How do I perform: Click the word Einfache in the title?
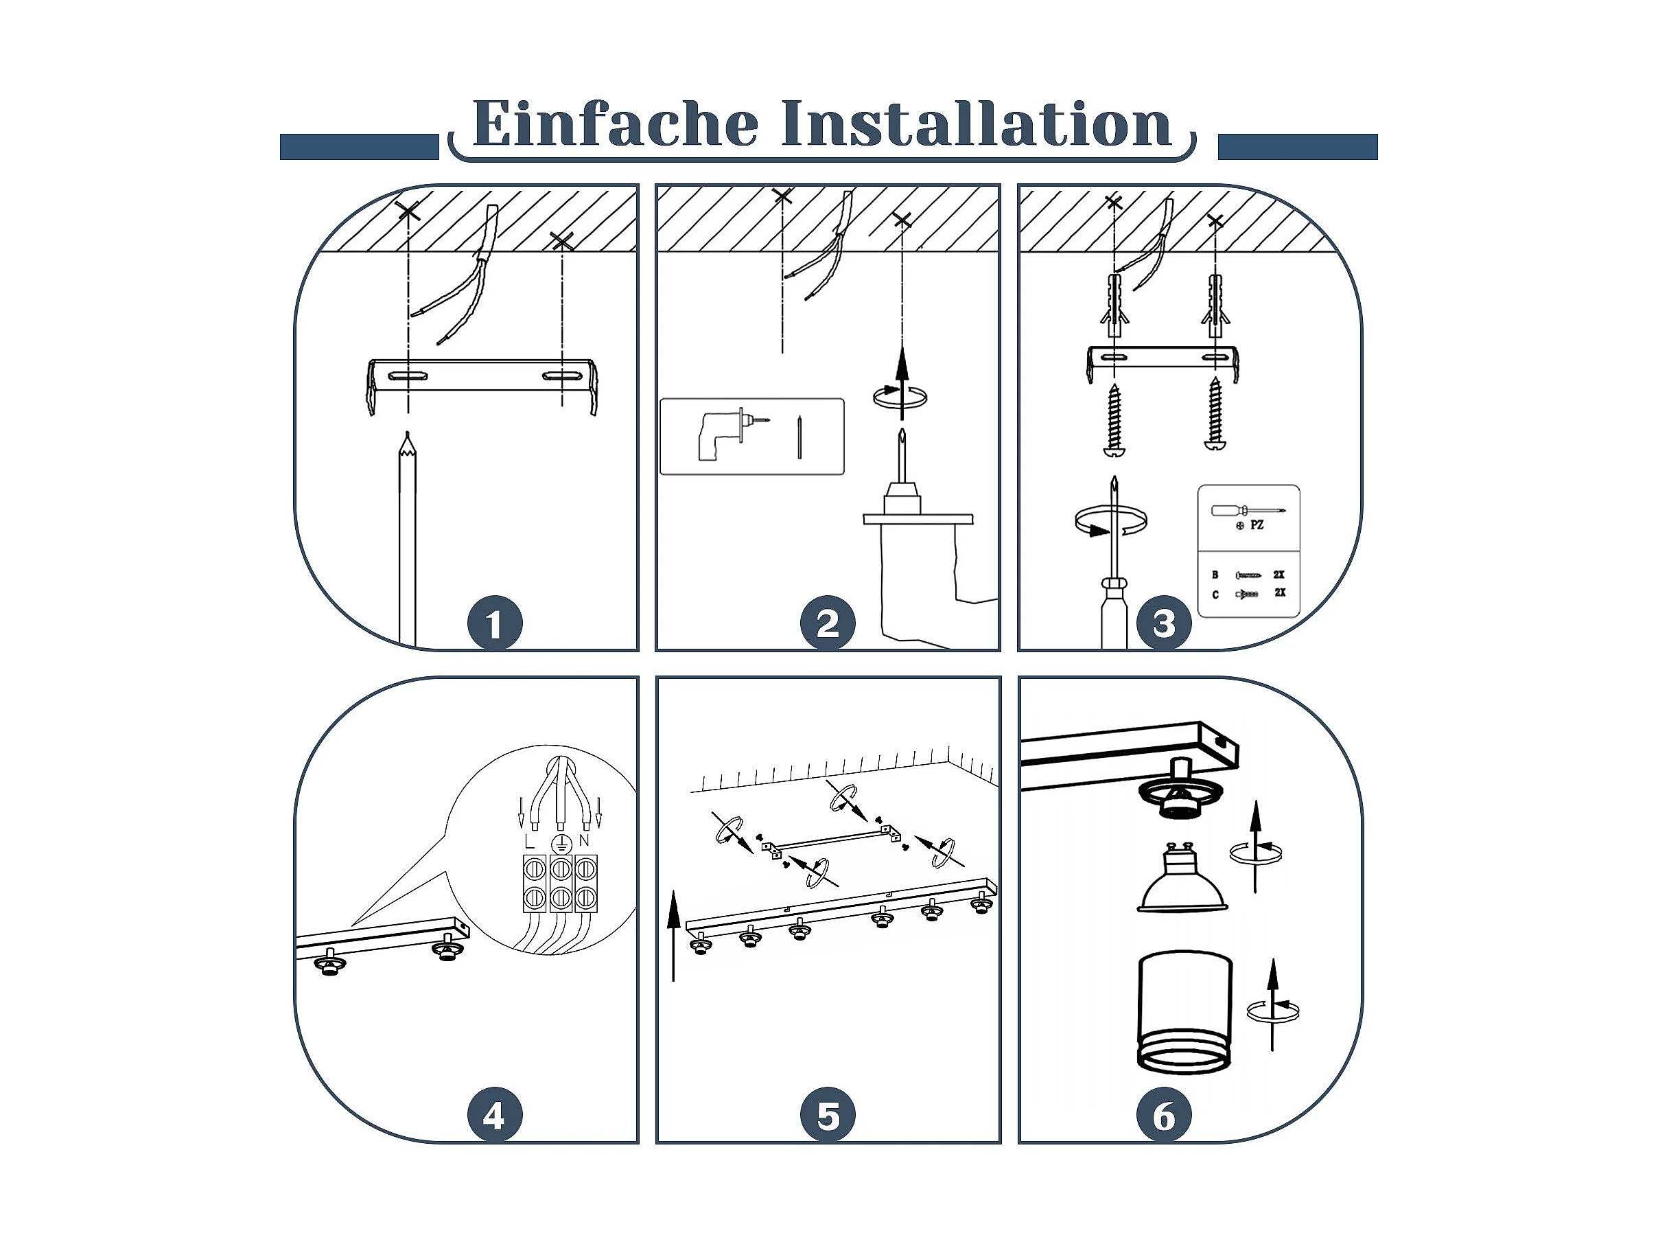click(x=615, y=123)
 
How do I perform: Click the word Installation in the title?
click(x=976, y=123)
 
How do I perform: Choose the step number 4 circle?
click(x=494, y=1116)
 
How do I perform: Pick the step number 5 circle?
click(x=828, y=1116)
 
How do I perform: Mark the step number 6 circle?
click(x=1163, y=1116)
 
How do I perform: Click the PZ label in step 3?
click(x=1257, y=526)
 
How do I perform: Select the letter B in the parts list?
click(x=1215, y=575)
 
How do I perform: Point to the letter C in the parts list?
click(x=1215, y=595)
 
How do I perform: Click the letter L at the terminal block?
click(x=530, y=840)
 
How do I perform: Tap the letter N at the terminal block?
click(x=584, y=840)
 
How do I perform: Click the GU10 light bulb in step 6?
click(x=1182, y=878)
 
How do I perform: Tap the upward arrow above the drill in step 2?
click(x=902, y=382)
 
